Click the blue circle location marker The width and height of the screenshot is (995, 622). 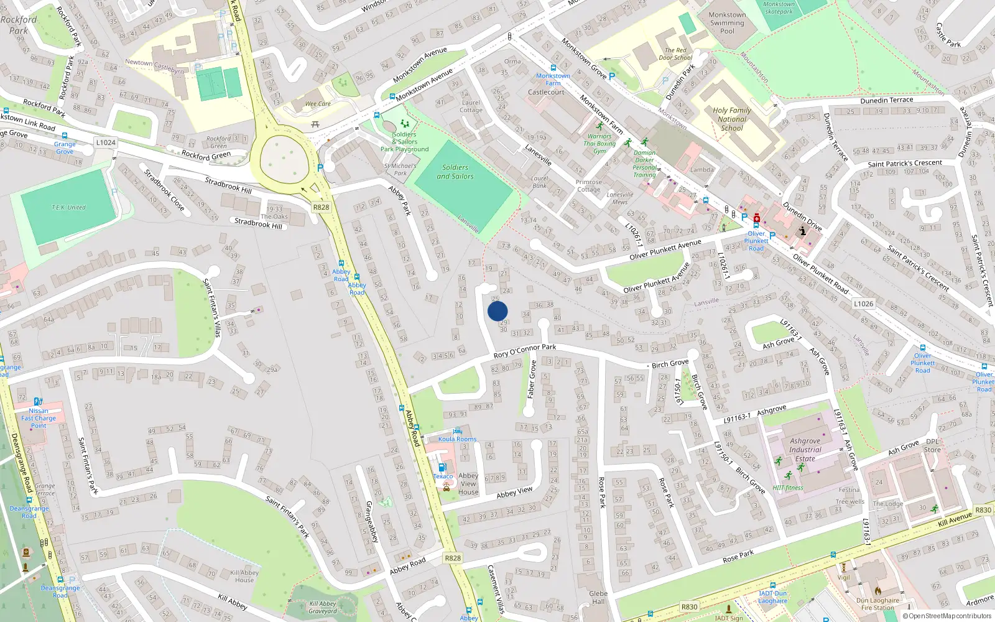497,311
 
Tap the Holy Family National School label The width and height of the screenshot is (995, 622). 732,119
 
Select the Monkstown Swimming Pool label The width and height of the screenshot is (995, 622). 727,23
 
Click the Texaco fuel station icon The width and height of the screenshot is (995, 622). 442,468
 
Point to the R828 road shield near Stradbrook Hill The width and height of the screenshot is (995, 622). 321,207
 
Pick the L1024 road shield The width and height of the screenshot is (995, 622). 106,142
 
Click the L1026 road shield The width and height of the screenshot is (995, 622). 863,304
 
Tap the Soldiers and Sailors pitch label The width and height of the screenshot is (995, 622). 455,172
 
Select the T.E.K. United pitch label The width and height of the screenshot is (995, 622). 68,208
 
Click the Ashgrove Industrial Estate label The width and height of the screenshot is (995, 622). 805,450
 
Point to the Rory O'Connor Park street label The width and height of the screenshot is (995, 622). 525,351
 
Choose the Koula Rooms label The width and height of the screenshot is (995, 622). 457,439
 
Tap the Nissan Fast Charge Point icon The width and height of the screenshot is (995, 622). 38,402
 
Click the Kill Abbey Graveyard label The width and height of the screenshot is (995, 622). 323,607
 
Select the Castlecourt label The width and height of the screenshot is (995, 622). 546,92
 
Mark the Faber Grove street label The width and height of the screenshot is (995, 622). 532,379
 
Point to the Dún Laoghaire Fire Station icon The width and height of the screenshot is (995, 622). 877,590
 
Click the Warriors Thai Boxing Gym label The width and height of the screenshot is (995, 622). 599,143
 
